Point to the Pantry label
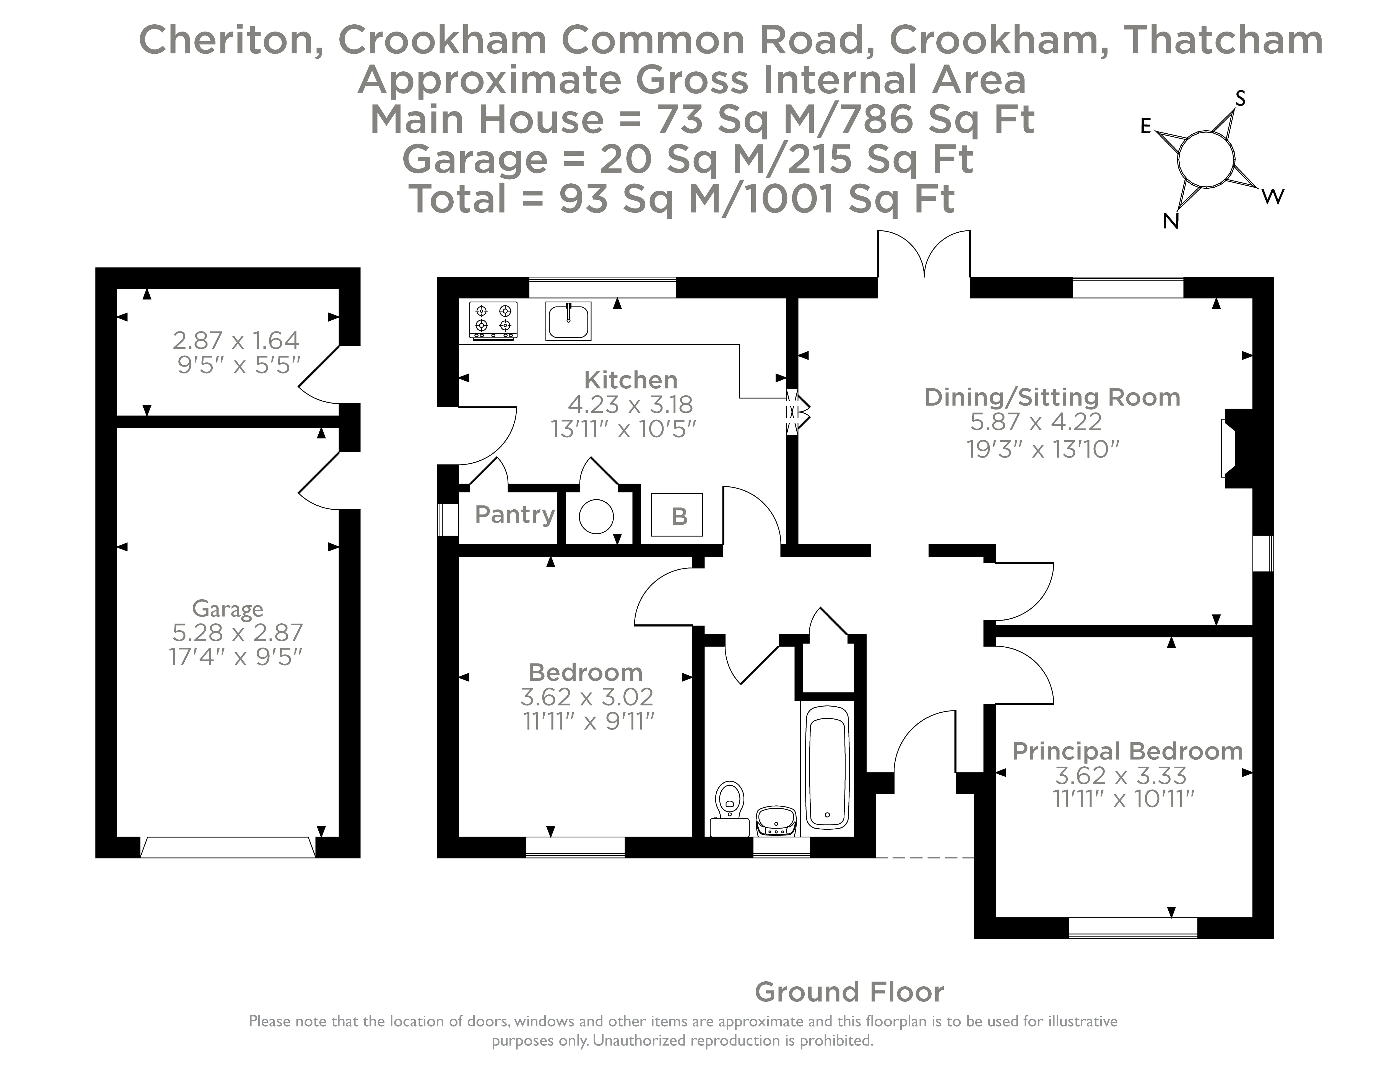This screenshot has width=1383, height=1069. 514,514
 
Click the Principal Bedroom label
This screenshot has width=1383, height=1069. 1127,751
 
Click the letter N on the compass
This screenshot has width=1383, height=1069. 1171,222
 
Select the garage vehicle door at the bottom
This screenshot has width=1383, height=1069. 227,847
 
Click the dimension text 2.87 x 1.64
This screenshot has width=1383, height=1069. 236,341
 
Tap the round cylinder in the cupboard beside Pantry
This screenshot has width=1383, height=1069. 596,516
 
